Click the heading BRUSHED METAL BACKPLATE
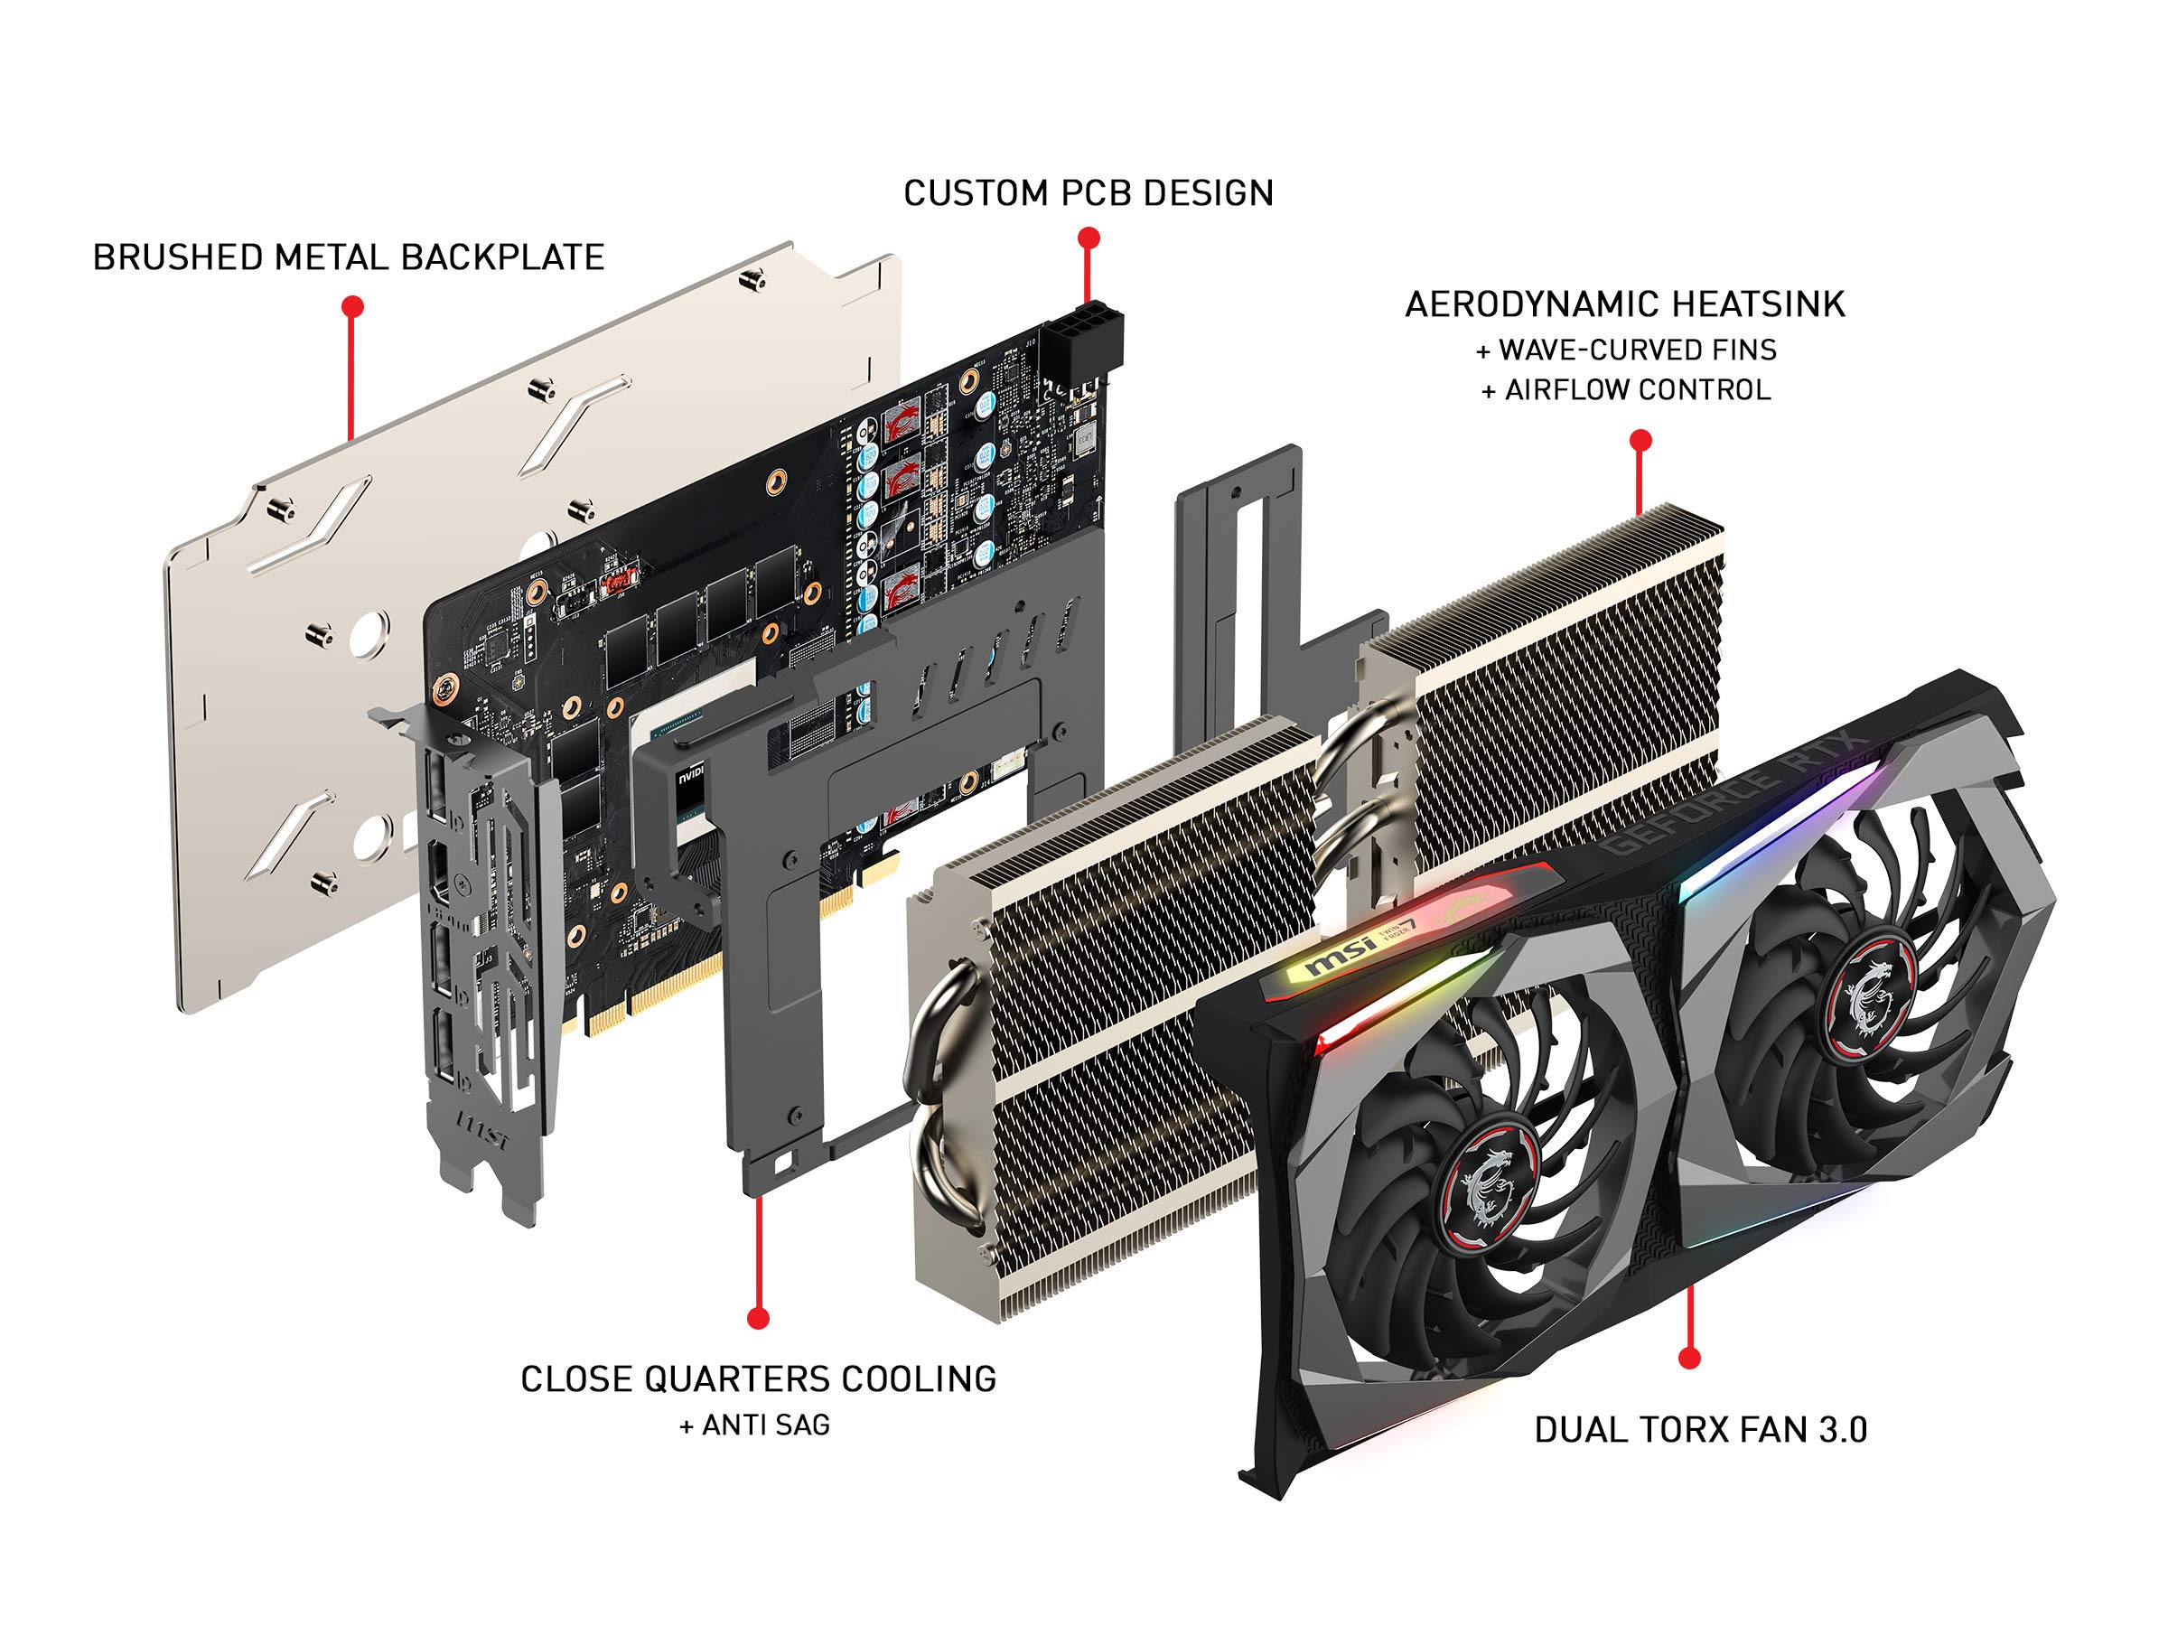[x=348, y=257]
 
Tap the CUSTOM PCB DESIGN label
[x=1088, y=193]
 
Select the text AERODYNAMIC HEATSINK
[x=1624, y=304]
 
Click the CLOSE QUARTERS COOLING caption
[x=758, y=1379]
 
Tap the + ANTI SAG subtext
[x=754, y=1425]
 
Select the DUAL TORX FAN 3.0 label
[x=1699, y=1430]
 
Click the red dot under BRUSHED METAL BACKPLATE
[x=353, y=307]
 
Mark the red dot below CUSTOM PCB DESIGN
[x=1088, y=238]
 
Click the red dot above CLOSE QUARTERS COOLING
[x=758, y=1318]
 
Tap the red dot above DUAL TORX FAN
[x=1688, y=1358]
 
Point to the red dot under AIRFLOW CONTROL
[x=1640, y=440]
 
